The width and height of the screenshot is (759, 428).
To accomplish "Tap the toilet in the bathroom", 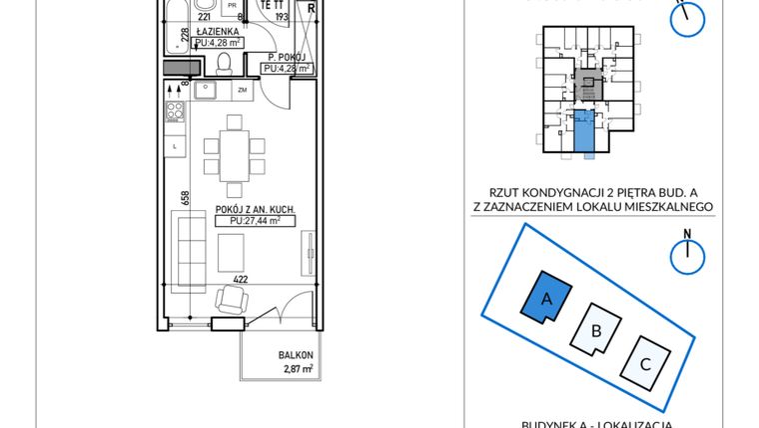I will click(x=225, y=65).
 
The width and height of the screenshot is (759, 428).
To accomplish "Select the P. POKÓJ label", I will click(x=286, y=56).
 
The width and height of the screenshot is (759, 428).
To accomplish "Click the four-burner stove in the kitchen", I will click(x=175, y=112).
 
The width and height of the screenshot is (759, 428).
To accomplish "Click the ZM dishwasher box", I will click(x=241, y=92).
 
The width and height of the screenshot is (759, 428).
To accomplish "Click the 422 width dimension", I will click(x=241, y=280).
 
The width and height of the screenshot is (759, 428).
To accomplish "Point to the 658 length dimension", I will click(x=185, y=198).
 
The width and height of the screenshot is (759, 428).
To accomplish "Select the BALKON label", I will click(x=297, y=355).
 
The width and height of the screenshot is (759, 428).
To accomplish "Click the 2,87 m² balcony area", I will click(x=297, y=369).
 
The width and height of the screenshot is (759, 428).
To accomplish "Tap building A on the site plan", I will click(x=546, y=297).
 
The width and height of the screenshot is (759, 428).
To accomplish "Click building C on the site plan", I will click(x=645, y=363).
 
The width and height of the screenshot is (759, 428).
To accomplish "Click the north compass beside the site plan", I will click(x=687, y=254).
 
